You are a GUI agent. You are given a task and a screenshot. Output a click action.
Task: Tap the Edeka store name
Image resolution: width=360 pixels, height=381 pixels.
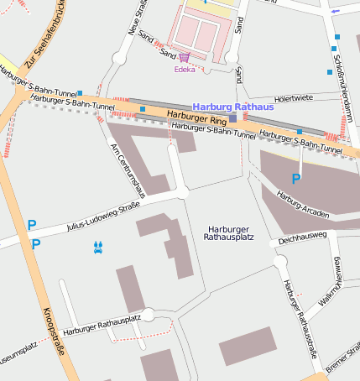(x=184, y=70)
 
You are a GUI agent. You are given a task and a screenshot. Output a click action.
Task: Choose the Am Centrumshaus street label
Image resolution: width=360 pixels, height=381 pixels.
(x=128, y=170)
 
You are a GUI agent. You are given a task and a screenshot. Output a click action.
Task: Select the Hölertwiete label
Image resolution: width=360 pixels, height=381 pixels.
(x=293, y=98)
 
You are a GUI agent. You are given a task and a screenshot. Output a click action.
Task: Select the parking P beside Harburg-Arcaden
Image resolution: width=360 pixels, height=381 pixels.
(x=295, y=179)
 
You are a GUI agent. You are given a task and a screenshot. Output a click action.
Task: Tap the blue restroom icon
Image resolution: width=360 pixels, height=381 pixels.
(x=99, y=247)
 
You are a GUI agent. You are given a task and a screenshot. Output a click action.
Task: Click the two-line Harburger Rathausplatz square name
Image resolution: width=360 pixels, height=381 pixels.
(x=228, y=233)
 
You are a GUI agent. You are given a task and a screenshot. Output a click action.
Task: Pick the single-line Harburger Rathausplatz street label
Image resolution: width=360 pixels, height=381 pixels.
(x=101, y=327)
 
